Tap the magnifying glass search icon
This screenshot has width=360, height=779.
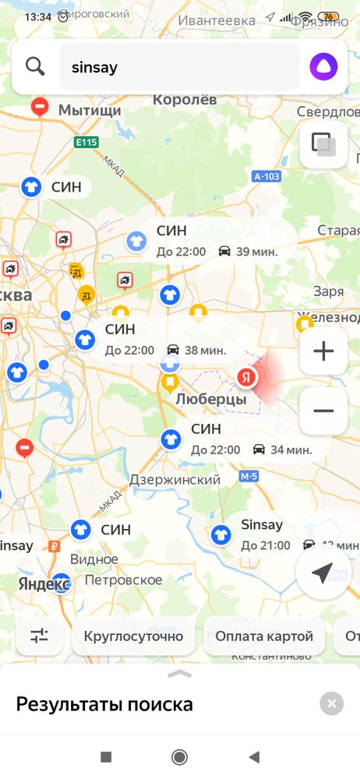pos(35,66)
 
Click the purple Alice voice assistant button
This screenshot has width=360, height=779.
pos(323,66)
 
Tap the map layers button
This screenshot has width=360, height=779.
pos(323,145)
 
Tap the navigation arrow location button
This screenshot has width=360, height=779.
pos(323,574)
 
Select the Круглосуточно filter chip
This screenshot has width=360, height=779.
pos(133,636)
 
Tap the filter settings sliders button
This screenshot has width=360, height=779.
pos(39,636)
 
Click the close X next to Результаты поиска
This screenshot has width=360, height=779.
pos(331,704)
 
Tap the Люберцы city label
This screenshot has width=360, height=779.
pos(211,400)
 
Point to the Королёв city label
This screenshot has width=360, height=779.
pos(185,100)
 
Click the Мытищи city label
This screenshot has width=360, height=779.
pos(90,110)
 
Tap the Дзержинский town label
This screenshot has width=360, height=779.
pos(175,480)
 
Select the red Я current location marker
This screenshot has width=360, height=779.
pos(246,378)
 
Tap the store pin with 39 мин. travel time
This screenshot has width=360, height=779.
pos(136,241)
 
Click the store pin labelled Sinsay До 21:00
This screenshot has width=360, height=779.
pos(221,534)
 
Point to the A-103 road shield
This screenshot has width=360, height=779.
pos(266,177)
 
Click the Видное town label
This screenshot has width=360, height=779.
pos(94,560)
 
